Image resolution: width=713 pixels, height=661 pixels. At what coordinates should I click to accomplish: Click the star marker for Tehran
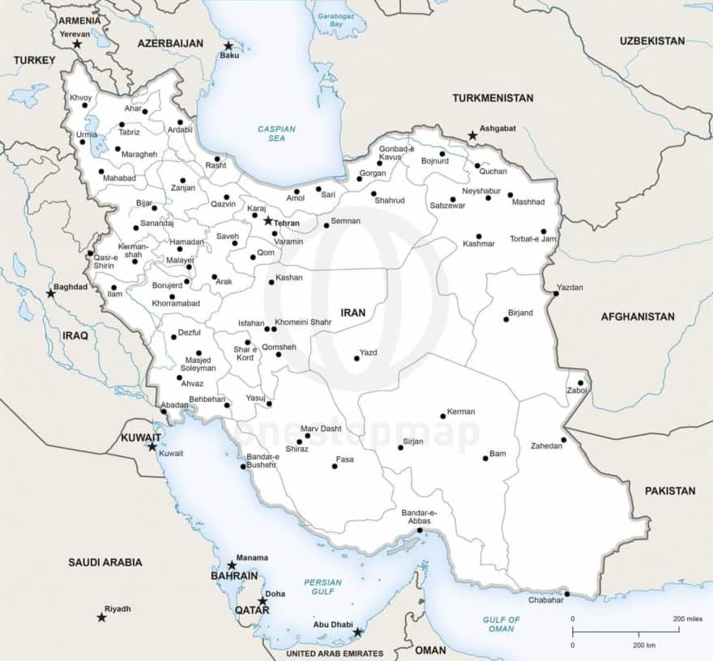click(268, 220)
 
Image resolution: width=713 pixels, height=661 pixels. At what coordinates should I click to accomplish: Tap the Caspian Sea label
click(276, 134)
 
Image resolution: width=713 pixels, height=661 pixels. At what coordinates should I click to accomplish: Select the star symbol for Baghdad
click(51, 293)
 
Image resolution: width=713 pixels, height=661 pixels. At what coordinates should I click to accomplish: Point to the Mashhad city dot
click(510, 195)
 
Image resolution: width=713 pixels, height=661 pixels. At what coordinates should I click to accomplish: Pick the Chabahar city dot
click(566, 595)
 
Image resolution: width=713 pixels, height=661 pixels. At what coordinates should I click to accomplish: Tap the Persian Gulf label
click(322, 587)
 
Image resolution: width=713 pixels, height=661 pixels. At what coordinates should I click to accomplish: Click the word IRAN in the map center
click(353, 312)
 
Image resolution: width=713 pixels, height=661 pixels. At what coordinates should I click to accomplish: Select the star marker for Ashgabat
click(472, 135)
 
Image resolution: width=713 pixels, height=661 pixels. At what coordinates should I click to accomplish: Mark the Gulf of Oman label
click(501, 625)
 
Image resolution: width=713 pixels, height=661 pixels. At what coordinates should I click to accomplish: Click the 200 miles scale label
click(689, 619)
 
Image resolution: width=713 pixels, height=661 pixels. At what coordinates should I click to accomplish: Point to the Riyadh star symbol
click(101, 617)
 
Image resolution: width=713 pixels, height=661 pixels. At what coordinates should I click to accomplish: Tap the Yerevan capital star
click(77, 44)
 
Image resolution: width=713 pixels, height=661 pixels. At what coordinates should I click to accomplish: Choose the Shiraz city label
click(297, 449)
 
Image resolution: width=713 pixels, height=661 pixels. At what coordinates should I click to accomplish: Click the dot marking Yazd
click(356, 358)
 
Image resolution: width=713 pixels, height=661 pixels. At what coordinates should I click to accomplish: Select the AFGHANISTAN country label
click(638, 317)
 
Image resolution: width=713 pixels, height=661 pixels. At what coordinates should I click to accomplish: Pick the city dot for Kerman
click(443, 416)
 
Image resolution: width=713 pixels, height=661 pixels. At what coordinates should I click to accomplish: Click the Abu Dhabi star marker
click(357, 632)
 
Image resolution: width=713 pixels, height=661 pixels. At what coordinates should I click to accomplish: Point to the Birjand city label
click(520, 313)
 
